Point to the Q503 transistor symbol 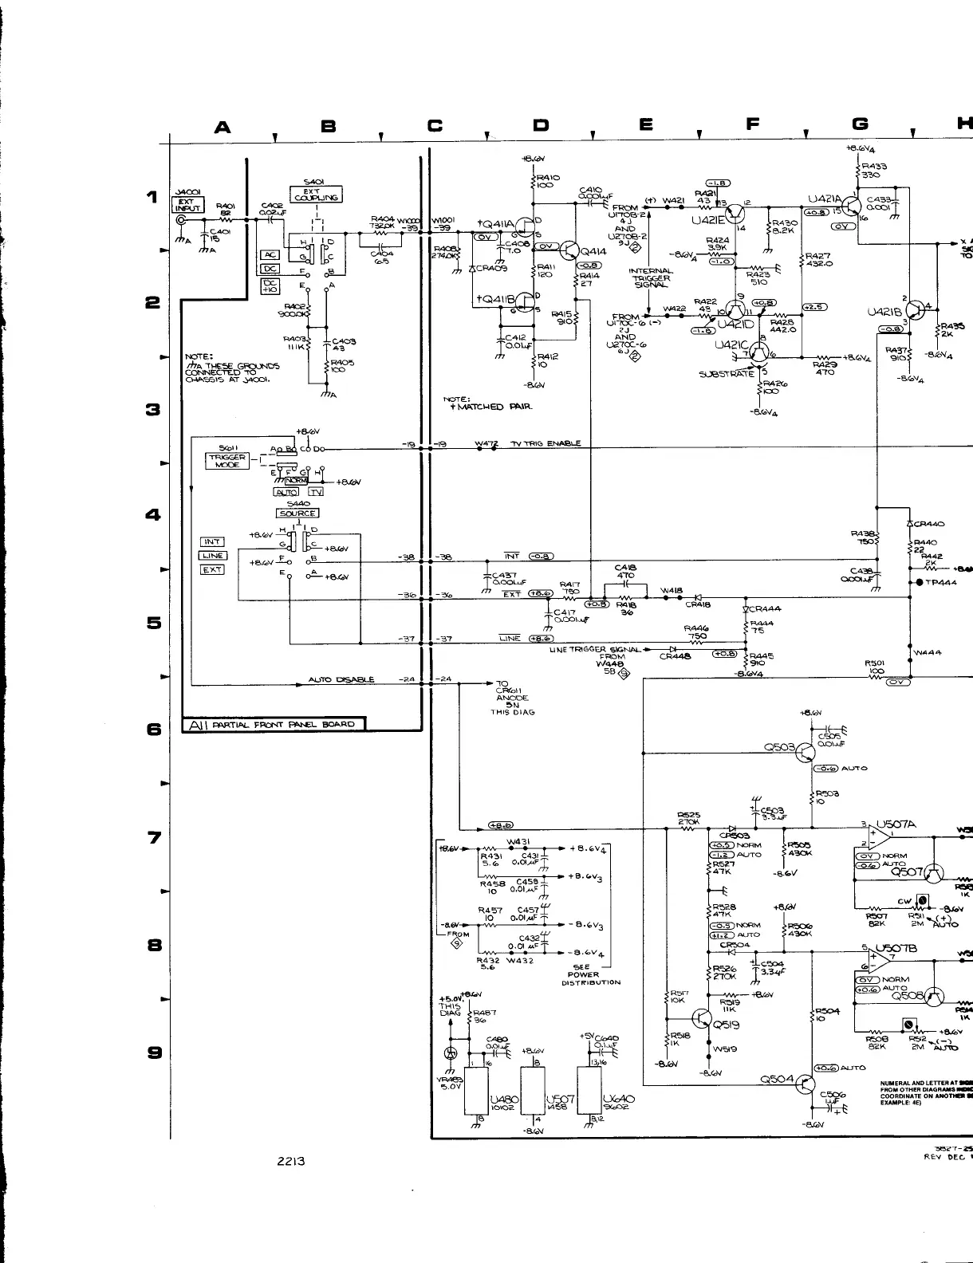[x=807, y=750]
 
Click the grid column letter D [x=541, y=125]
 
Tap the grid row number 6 [x=152, y=730]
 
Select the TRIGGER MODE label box [x=228, y=461]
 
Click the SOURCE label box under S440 [x=297, y=513]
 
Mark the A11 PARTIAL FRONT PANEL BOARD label [x=274, y=725]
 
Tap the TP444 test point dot [x=920, y=583]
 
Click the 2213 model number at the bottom [x=290, y=1161]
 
